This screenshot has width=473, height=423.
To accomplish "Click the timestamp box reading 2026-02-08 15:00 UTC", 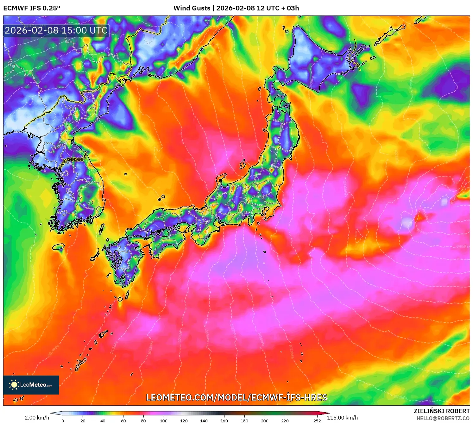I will [56, 30].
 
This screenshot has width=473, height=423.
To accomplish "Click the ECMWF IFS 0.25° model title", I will [32, 8].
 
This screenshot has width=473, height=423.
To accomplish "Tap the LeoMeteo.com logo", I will [31, 385].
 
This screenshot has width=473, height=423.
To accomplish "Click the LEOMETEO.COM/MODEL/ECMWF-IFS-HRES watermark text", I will [236, 397].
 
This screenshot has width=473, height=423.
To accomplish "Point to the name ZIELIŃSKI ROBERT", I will [441, 411].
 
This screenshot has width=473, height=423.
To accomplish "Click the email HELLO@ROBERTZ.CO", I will [443, 418].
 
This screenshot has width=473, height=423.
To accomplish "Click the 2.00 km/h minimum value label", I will [37, 418].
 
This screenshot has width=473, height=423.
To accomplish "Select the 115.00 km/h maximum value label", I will [342, 418].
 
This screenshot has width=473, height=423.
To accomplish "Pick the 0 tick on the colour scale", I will [63, 421].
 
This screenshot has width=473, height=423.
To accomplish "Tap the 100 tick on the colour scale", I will [163, 421].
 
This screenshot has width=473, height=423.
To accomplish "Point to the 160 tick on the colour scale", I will [224, 421].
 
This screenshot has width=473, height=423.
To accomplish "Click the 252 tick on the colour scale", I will [317, 421].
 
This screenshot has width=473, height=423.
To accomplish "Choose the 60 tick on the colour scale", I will [123, 421].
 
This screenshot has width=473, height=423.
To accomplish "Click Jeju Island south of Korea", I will [59, 246].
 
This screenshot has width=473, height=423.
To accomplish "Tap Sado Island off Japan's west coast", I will [243, 164].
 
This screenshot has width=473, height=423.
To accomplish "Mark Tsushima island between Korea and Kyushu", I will [102, 229].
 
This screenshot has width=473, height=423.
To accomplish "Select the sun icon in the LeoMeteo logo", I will [14, 385].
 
